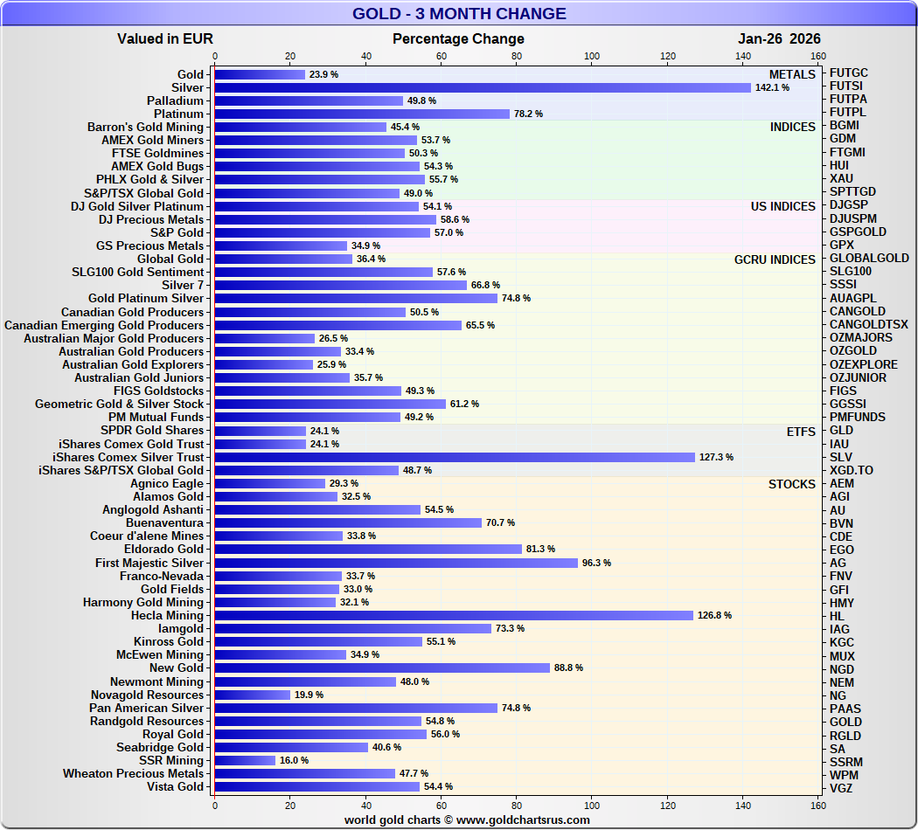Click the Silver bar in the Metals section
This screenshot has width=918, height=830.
pyautogui.click(x=482, y=87)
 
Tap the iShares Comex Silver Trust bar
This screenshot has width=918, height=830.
pyautogui.click(x=454, y=457)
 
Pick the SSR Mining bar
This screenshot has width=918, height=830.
pyautogui.click(x=245, y=760)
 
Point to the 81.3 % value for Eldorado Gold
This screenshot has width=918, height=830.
pyautogui.click(x=540, y=550)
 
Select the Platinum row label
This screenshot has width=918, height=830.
pyautogui.click(x=178, y=114)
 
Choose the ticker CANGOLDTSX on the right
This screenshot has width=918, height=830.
pyautogui.click(x=868, y=325)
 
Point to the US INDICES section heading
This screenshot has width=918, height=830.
pyautogui.click(x=782, y=206)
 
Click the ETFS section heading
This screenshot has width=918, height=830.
pyautogui.click(x=801, y=431)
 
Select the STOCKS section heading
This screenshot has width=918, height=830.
pyautogui.click(x=792, y=484)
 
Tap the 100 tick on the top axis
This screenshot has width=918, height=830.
pyautogui.click(x=592, y=57)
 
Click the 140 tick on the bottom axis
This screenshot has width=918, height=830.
pyautogui.click(x=743, y=806)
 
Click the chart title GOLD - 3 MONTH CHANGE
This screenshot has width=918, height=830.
pyautogui.click(x=459, y=14)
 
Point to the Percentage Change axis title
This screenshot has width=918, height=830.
pyautogui.click(x=458, y=38)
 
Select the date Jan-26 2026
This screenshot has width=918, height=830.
pyautogui.click(x=779, y=38)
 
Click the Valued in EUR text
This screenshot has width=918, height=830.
pyautogui.click(x=165, y=38)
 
